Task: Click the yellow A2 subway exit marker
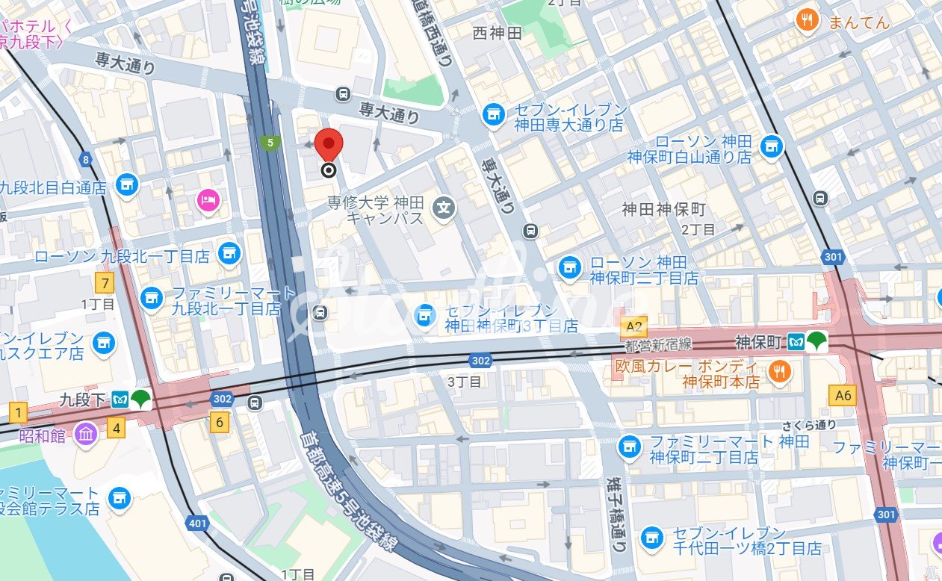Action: click(633, 326)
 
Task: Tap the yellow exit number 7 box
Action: click(105, 284)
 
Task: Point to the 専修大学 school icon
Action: click(444, 206)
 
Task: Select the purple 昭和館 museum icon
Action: click(86, 434)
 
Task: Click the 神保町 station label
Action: click(757, 343)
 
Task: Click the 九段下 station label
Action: click(82, 400)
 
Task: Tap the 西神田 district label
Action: click(498, 33)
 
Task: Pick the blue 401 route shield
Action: click(197, 523)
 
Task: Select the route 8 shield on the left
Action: click(87, 158)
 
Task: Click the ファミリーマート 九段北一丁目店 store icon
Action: click(152, 298)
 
